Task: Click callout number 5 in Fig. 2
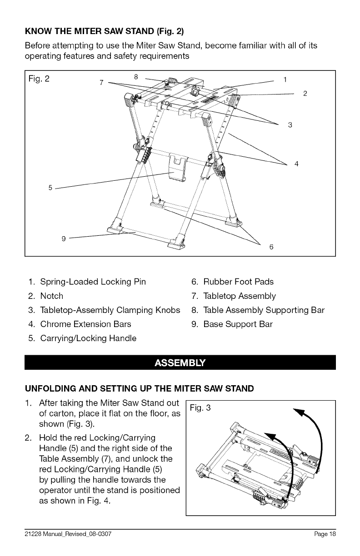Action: click(50, 187)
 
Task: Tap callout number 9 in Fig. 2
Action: click(64, 238)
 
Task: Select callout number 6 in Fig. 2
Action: click(271, 247)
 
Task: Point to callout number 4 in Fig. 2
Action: click(296, 164)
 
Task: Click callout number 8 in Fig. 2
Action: click(136, 76)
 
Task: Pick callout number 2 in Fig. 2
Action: click(305, 94)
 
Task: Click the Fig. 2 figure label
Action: click(39, 78)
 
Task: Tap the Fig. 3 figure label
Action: click(200, 408)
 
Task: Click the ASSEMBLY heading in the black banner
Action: click(180, 363)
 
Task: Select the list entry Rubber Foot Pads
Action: click(238, 282)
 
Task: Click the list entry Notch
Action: click(51, 296)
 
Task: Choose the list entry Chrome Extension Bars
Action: click(85, 324)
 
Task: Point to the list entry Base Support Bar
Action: click(238, 324)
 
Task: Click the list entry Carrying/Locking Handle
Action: click(88, 338)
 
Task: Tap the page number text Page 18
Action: click(325, 534)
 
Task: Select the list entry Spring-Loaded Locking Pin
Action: click(93, 282)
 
